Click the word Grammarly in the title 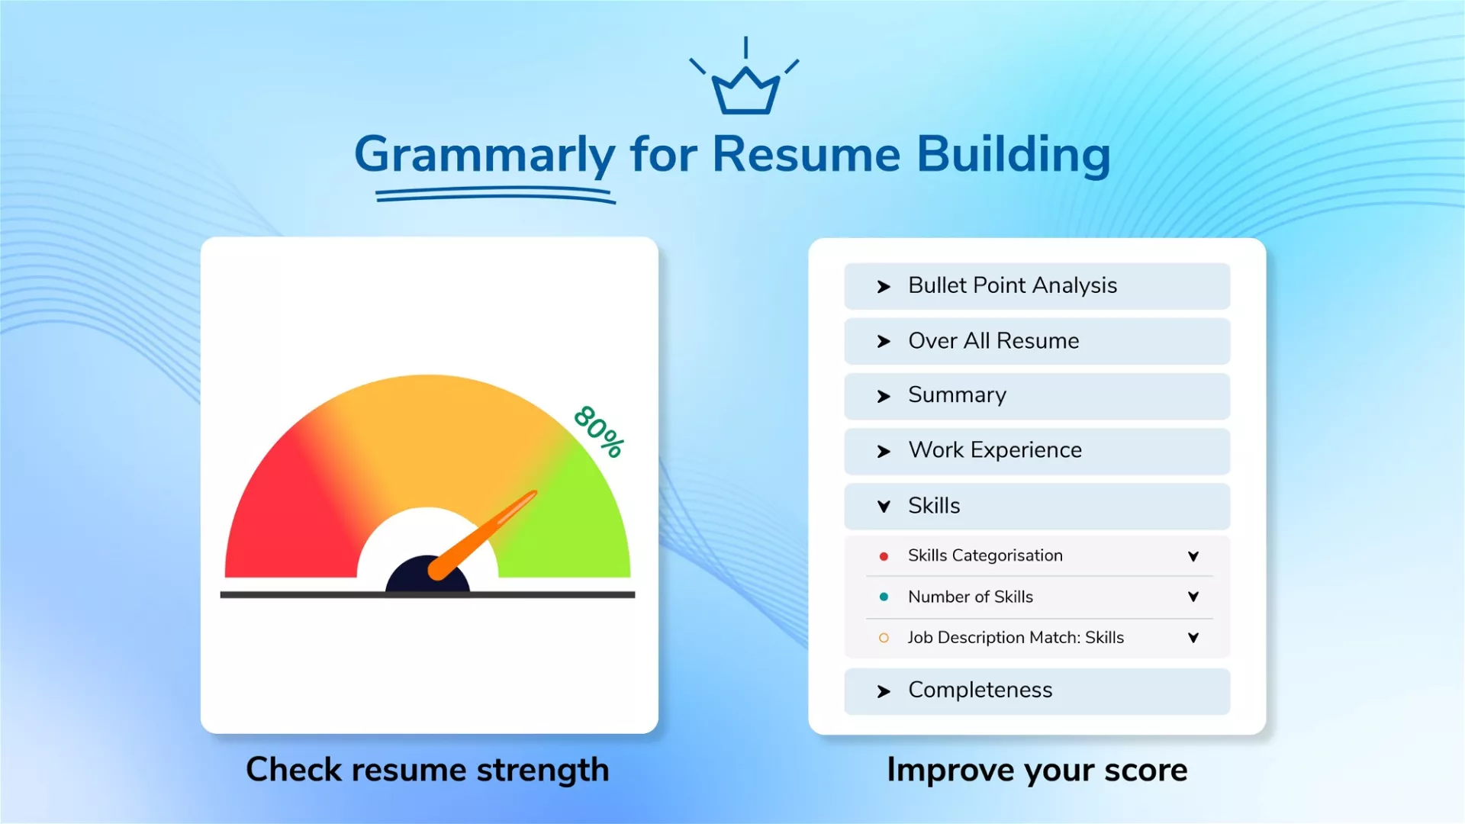pyautogui.click(x=485, y=156)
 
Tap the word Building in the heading pyautogui.click(x=1013, y=156)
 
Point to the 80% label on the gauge pyautogui.click(x=600, y=431)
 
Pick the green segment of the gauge pyautogui.click(x=572, y=519)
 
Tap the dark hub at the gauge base pyautogui.click(x=427, y=576)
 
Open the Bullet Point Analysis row pyautogui.click(x=1037, y=286)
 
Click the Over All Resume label pyautogui.click(x=993, y=341)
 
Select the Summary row pyautogui.click(x=1037, y=396)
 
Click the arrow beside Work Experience pyautogui.click(x=884, y=452)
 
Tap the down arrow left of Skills pyautogui.click(x=884, y=506)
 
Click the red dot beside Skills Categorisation pyautogui.click(x=884, y=556)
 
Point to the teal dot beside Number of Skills pyautogui.click(x=884, y=597)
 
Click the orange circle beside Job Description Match pyautogui.click(x=884, y=638)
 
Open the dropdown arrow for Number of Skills pyautogui.click(x=1193, y=597)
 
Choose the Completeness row pyautogui.click(x=1037, y=691)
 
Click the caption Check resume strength pyautogui.click(x=427, y=770)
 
